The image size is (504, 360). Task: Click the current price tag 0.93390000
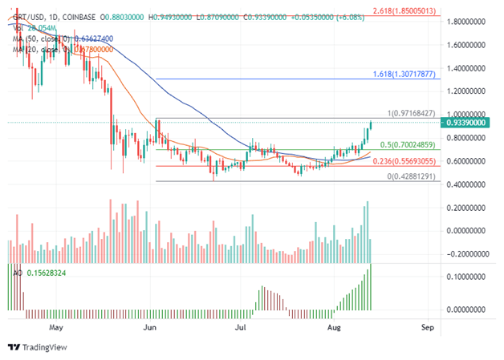tap(469, 123)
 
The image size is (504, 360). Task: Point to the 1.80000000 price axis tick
tap(469, 22)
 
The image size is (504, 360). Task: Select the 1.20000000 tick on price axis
tap(469, 91)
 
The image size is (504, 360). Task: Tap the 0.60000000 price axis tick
tap(469, 161)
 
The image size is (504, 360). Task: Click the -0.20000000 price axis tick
tap(469, 254)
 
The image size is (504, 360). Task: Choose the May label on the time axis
tap(55, 328)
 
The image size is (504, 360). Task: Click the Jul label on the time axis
tap(240, 328)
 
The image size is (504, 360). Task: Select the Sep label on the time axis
tap(428, 328)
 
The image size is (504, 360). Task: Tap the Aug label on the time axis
tap(334, 328)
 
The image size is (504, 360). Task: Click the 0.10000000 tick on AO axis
tap(469, 277)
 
